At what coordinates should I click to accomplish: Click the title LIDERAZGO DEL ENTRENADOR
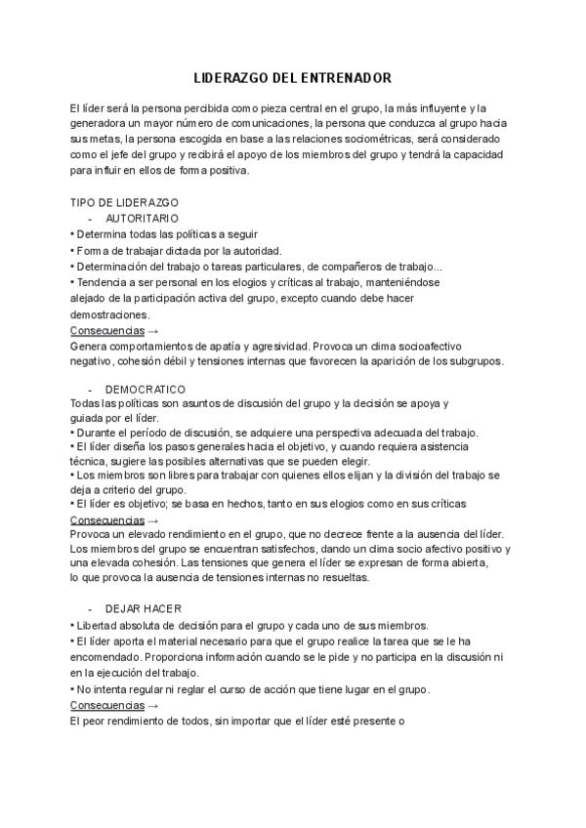point(293,76)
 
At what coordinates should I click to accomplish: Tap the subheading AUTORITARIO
point(141,219)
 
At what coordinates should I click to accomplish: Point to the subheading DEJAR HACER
point(144,609)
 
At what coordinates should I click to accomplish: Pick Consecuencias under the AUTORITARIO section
point(107,330)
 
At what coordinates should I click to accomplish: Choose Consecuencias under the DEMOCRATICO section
point(107,520)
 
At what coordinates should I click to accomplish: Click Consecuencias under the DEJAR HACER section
point(107,705)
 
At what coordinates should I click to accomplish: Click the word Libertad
point(99,626)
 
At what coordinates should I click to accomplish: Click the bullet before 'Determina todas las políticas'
point(72,235)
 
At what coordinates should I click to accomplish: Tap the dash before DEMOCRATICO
point(90,390)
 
